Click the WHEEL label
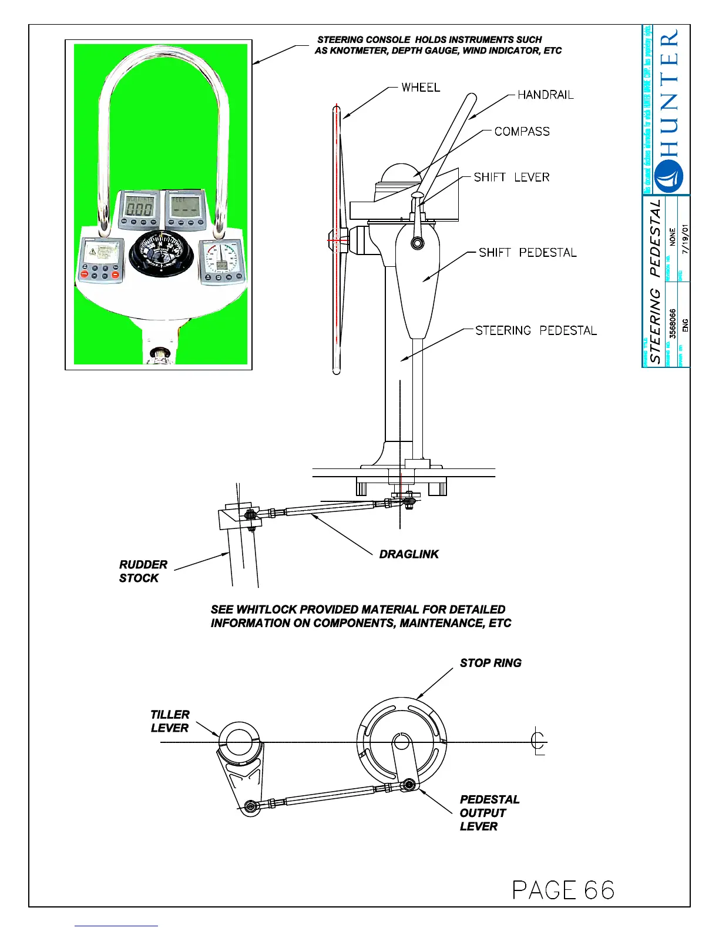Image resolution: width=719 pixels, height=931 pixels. point(421,88)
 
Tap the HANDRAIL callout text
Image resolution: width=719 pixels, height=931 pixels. point(545,95)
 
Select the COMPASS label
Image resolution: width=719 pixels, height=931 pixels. point(522,132)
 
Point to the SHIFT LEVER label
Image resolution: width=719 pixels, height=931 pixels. point(511,178)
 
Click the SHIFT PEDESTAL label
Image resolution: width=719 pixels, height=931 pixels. point(527,253)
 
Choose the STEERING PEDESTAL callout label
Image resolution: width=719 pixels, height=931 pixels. point(536,331)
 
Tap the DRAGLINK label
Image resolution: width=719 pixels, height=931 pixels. point(409,554)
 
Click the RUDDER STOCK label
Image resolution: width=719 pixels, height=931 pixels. point(143,571)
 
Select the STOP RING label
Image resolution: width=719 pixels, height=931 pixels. point(490,663)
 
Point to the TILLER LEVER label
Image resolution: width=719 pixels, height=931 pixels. point(170,721)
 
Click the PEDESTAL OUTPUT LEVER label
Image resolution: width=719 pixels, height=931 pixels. point(489,813)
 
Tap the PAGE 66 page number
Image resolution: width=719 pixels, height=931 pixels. point(563,890)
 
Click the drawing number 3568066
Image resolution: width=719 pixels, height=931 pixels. point(673,323)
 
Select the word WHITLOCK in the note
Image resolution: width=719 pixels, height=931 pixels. point(267,609)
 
